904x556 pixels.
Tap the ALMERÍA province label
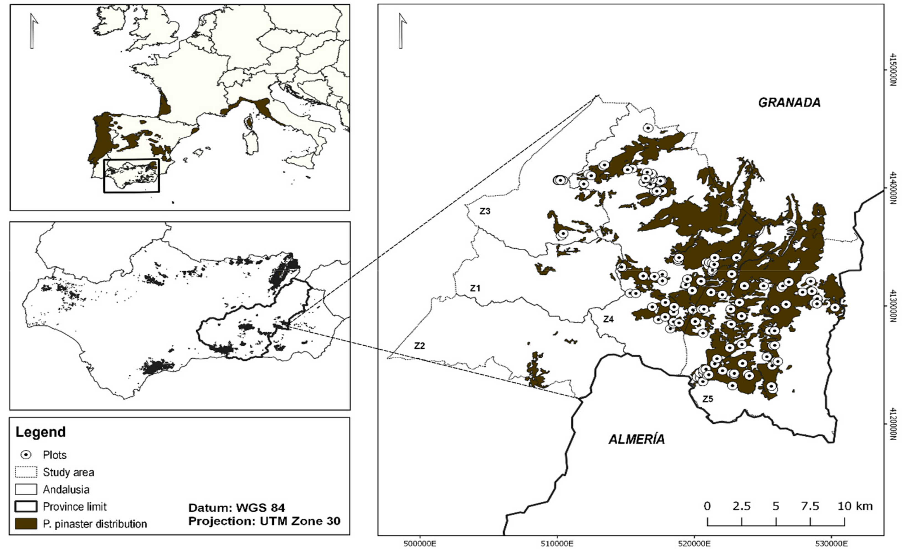(x=637, y=439)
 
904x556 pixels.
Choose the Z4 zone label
(x=608, y=319)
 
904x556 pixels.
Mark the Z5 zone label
(x=708, y=399)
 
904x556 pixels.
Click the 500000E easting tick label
(x=420, y=544)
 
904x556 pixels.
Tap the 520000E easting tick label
(x=694, y=544)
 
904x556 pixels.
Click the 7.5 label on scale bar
(x=810, y=506)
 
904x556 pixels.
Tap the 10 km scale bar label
(x=855, y=506)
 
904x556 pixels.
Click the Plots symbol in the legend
(x=26, y=455)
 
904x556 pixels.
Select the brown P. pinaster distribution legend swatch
(x=26, y=524)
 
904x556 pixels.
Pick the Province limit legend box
(x=26, y=506)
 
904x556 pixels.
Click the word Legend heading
(x=40, y=432)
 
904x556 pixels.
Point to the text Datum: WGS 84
(x=237, y=508)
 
